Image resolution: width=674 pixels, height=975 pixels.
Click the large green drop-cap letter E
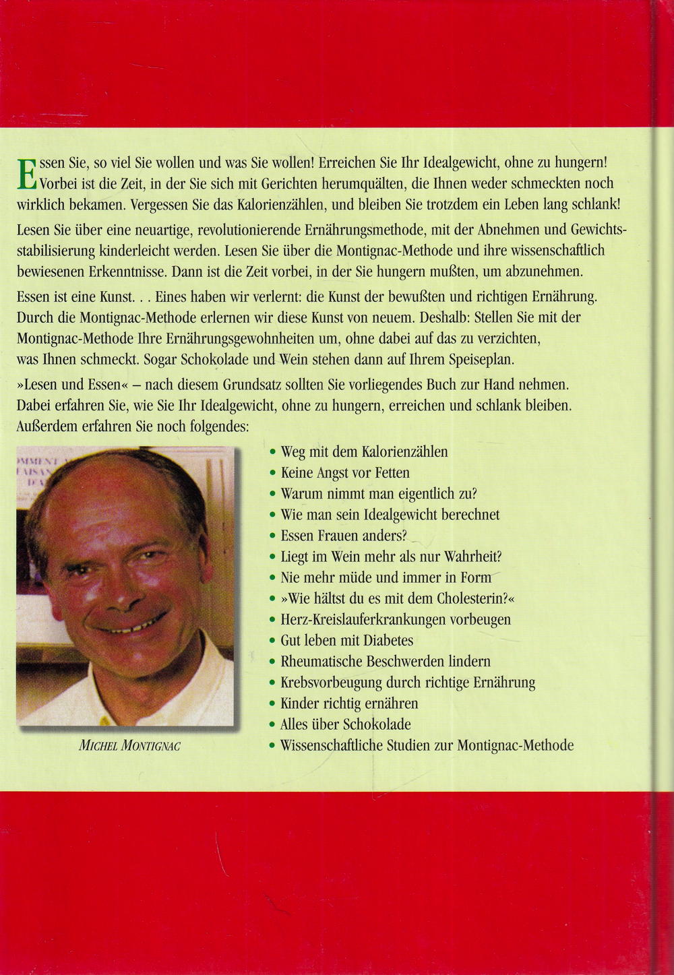(26, 175)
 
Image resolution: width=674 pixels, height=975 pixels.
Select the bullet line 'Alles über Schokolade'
(345, 724)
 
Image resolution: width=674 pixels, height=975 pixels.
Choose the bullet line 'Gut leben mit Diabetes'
(346, 640)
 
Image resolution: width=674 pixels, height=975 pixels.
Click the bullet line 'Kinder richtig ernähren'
(349, 703)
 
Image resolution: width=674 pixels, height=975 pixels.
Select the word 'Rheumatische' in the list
(321, 662)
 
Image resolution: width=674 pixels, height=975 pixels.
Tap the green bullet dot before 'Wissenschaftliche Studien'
(272, 746)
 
